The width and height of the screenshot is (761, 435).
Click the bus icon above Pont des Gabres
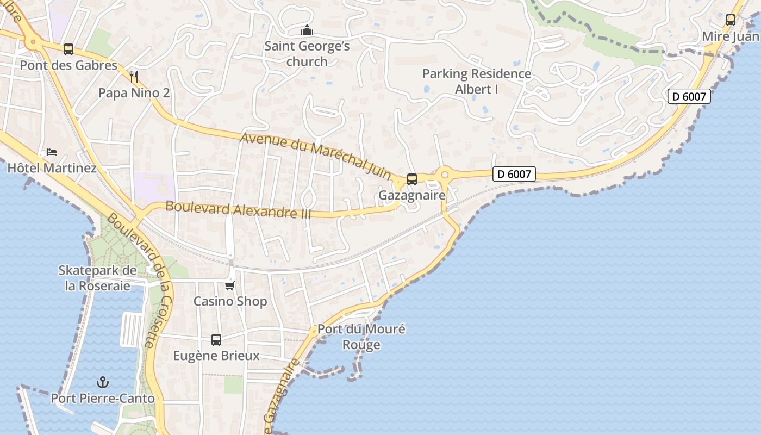pos(68,49)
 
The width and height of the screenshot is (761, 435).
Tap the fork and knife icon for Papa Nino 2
pos(134,77)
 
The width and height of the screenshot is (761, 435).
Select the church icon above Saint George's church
pos(307,30)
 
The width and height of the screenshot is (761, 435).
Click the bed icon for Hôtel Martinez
pos(52,152)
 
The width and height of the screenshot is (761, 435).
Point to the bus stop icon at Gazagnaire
pos(412,179)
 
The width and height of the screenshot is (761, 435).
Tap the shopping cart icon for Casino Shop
pos(230,285)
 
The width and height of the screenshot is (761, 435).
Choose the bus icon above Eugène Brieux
pos(216,340)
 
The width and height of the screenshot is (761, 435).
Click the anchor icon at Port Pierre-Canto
pos(103,382)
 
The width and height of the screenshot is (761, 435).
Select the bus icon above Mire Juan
pos(731,20)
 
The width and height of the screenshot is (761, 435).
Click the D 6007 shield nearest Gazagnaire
pos(514,174)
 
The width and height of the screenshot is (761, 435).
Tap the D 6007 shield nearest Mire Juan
pos(689,97)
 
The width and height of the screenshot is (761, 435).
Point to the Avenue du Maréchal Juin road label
pos(316,155)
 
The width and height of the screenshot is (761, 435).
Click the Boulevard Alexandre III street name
pos(238,210)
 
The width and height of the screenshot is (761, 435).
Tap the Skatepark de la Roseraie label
pos(98,278)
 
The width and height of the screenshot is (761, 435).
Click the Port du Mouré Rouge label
pos(361,337)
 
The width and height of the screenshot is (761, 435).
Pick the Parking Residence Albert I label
pos(477,81)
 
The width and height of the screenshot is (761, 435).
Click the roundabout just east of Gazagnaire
pos(445,175)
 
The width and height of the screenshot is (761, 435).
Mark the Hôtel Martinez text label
pos(52,168)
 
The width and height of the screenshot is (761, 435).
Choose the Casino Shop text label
pos(230,301)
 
